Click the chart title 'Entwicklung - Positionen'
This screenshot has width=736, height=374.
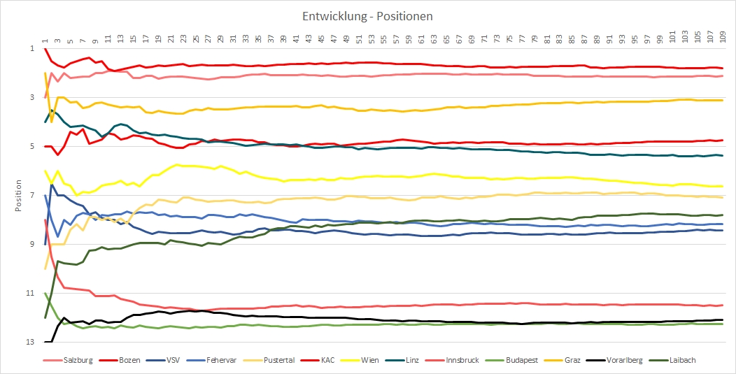coord(368,15)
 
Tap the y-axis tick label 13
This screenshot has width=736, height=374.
coord(29,342)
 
